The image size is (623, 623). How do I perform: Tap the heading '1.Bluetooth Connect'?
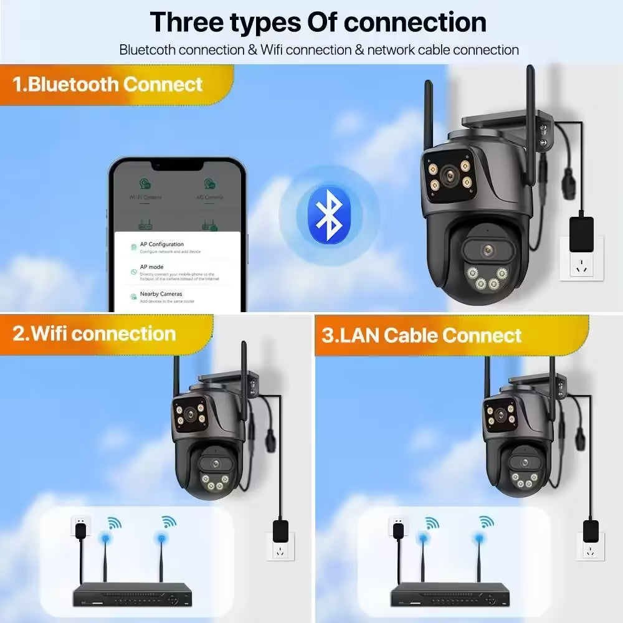tap(108, 84)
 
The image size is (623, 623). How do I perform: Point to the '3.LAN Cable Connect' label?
tap(422, 335)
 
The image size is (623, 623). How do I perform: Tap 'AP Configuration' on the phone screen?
tap(162, 244)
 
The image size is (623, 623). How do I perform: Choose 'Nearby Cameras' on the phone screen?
tap(161, 293)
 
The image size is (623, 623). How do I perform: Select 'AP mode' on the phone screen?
tap(151, 267)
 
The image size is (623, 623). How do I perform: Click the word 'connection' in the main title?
tap(415, 22)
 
